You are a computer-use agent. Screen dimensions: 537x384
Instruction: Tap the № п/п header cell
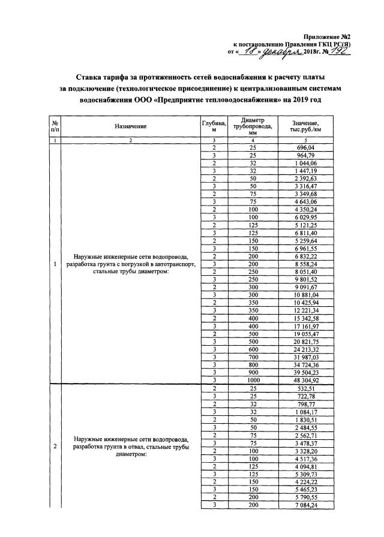point(55,126)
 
